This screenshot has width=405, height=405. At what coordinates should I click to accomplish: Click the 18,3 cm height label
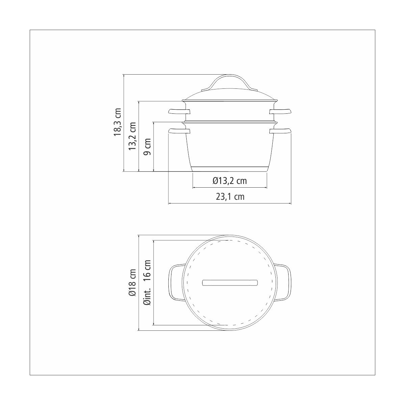pyautogui.click(x=117, y=122)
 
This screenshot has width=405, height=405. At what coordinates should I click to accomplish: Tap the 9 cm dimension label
pyautogui.click(x=147, y=147)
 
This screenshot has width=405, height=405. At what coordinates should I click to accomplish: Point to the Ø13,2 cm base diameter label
pyautogui.click(x=230, y=181)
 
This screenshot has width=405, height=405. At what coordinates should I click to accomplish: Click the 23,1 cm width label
pyautogui.click(x=230, y=197)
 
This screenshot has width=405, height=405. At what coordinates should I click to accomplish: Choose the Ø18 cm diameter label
pyautogui.click(x=132, y=283)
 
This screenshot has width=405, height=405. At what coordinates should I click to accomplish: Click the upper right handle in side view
pyautogui.click(x=280, y=111)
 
